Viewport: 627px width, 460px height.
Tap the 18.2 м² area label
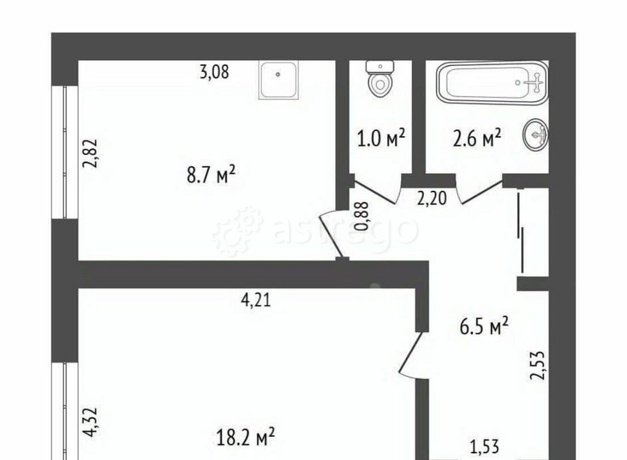click(x=245, y=437)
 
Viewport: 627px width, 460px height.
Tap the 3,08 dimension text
click(x=214, y=72)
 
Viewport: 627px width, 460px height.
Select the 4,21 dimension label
click(x=256, y=301)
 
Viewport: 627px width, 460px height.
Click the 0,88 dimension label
click(x=362, y=215)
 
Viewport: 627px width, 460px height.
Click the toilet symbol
click(x=379, y=79)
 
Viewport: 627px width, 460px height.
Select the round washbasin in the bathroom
click(x=537, y=134)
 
